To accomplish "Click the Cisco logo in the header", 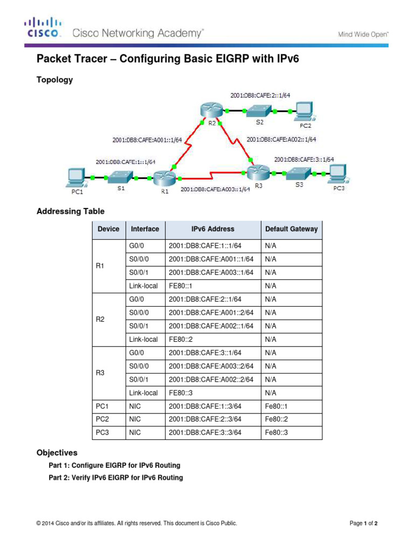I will [x=42, y=28].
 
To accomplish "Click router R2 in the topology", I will [x=208, y=110].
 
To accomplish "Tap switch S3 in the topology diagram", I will [x=298, y=174].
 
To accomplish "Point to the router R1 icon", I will [x=161, y=177].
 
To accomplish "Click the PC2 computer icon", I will [x=304, y=111].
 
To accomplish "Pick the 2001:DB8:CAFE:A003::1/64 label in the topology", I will [x=216, y=189].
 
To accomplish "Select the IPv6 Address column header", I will [x=213, y=229].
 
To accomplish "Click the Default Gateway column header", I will [x=291, y=229].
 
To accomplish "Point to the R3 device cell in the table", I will [x=100, y=373].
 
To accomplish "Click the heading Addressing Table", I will [x=70, y=211].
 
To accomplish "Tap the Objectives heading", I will [x=57, y=453].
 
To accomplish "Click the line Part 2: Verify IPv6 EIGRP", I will [x=115, y=478].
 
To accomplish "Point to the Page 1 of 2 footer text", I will [x=367, y=523].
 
